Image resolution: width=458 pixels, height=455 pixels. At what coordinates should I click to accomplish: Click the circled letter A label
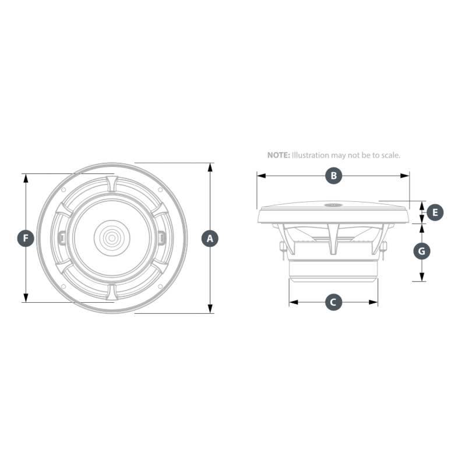pyautogui.click(x=210, y=239)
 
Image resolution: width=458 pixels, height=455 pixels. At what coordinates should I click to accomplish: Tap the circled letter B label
pyautogui.click(x=333, y=176)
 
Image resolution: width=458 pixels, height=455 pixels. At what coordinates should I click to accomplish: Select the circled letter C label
pyautogui.click(x=333, y=302)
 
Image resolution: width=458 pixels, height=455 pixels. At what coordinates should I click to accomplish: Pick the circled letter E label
pyautogui.click(x=435, y=212)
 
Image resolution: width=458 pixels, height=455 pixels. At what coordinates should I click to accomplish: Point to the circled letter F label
pyautogui.click(x=26, y=239)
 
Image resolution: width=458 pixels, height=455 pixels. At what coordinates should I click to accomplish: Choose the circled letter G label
pyautogui.click(x=422, y=251)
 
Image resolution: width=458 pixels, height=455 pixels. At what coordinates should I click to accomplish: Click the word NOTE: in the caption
pyautogui.click(x=279, y=155)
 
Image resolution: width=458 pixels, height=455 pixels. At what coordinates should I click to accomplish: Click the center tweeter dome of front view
pyautogui.click(x=112, y=238)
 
